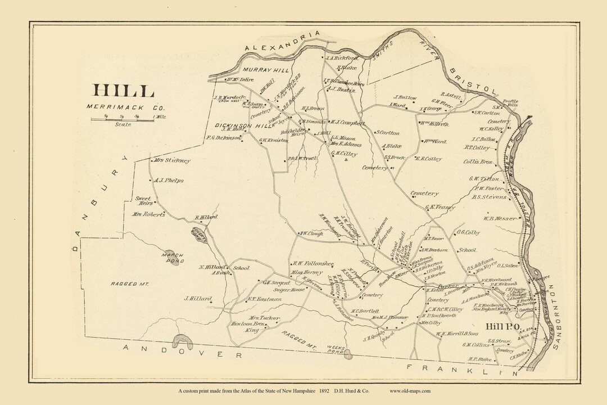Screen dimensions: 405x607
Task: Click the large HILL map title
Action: coord(123,91)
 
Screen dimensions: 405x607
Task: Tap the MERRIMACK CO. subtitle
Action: coord(120,106)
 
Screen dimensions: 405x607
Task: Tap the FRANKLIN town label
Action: coord(469,369)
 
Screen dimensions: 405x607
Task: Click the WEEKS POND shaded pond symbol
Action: coord(348,354)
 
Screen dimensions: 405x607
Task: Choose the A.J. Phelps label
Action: coord(169,181)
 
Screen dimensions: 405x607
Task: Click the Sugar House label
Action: coord(285,288)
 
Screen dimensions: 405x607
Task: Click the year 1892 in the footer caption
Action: coord(324,390)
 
